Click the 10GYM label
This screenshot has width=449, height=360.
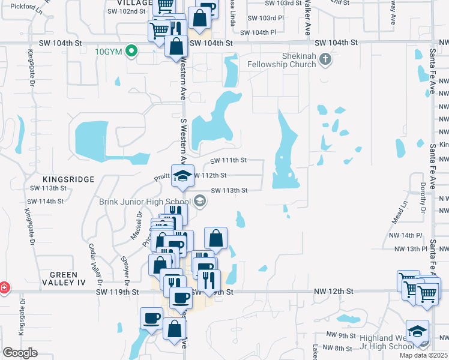[x=109, y=51]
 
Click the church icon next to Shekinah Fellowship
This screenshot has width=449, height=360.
[x=325, y=59]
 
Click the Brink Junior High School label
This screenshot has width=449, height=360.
[x=145, y=202]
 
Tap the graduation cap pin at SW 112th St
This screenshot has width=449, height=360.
[x=182, y=175]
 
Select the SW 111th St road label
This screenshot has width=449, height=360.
[x=229, y=160]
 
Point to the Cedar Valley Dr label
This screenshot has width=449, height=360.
[x=93, y=264]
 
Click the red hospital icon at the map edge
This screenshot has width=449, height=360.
[x=4, y=287]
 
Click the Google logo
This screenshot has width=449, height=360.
[x=20, y=353]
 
